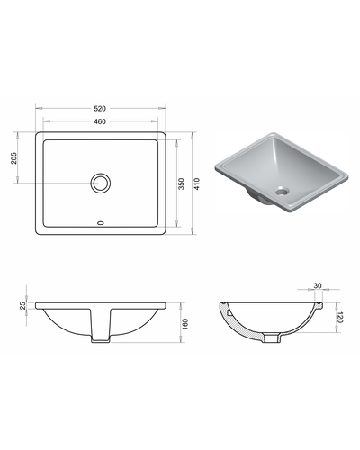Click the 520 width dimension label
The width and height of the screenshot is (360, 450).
pos(100,108)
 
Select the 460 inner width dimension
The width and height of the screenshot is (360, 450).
pos(100,121)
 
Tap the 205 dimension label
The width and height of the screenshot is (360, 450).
pos(14,158)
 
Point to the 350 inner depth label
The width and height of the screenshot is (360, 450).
pos(182,184)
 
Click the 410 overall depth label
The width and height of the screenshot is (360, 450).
pos(197,184)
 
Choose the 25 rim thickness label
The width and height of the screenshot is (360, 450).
pos(22,306)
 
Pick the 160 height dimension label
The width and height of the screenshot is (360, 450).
pos(185,325)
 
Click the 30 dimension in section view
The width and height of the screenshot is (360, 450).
pos(318,285)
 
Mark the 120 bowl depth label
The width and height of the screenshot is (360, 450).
pos(340,318)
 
